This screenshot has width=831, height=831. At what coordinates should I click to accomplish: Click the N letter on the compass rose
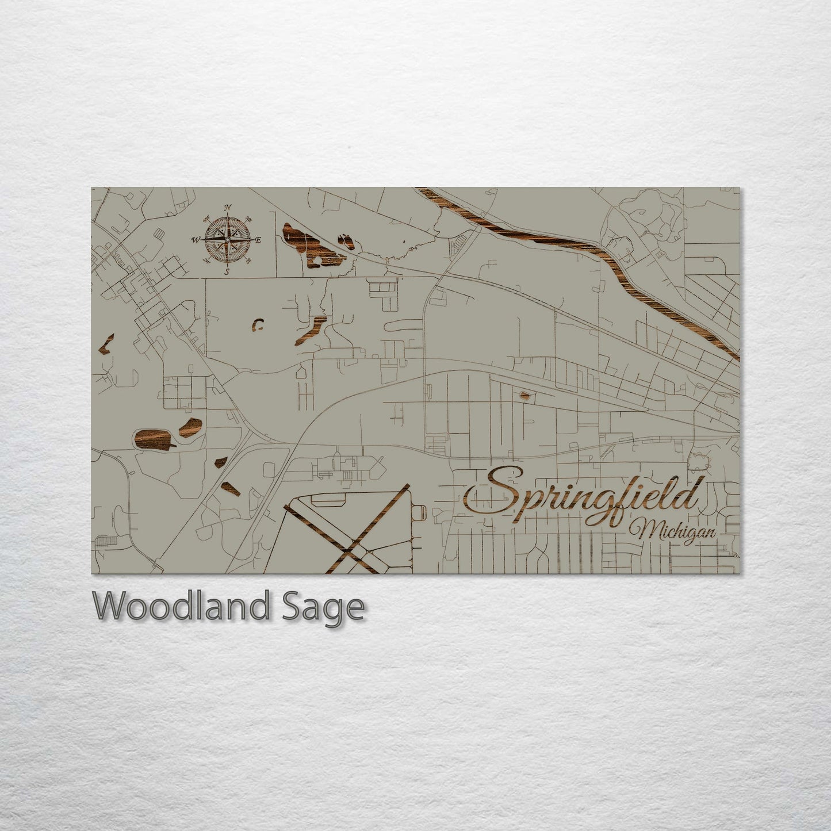(228, 208)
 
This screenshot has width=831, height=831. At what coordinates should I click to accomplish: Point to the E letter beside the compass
(258, 240)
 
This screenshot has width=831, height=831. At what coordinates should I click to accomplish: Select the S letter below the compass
(227, 271)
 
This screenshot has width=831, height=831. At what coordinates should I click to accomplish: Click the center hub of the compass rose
(227, 239)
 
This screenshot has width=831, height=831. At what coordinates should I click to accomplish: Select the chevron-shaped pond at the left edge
(106, 344)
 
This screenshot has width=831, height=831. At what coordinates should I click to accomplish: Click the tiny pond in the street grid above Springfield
(525, 395)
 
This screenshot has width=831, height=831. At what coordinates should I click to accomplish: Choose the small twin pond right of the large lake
(347, 241)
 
